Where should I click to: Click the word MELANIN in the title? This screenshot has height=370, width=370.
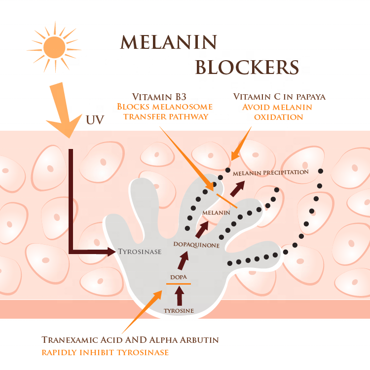(x=168, y=42)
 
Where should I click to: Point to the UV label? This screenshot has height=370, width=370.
(x=96, y=120)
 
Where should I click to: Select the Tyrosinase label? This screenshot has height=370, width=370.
(x=140, y=252)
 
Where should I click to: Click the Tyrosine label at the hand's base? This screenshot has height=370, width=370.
(x=179, y=311)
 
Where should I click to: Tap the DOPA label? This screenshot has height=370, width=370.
(x=178, y=277)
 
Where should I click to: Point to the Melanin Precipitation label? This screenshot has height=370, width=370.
(x=270, y=173)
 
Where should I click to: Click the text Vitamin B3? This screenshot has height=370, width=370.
(x=155, y=97)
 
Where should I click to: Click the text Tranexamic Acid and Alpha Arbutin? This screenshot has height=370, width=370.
(x=130, y=340)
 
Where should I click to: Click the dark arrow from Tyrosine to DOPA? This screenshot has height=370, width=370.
(x=179, y=296)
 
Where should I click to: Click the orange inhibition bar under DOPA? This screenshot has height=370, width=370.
(x=178, y=284)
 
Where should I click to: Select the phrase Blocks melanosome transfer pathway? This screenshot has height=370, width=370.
(x=164, y=111)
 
